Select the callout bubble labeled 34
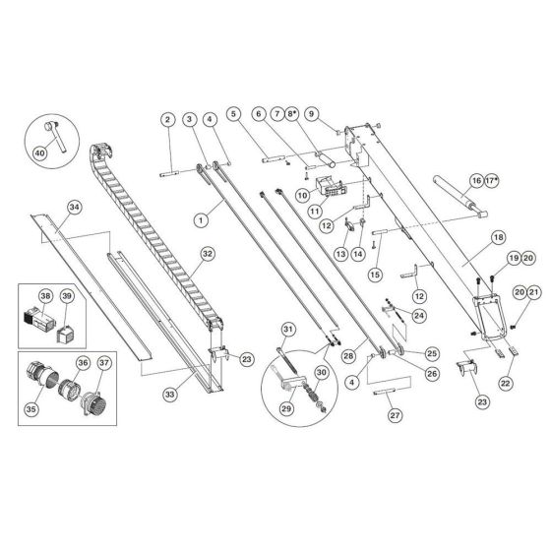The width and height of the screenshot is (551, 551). coord(73,207)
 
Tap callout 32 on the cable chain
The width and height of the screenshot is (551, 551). coord(207,253)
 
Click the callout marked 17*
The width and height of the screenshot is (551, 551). coord(491,181)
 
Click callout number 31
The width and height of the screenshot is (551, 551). coord(288,329)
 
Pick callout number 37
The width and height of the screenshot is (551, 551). coord(105,361)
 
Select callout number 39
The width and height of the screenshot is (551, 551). coord(67,296)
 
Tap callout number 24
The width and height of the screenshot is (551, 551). coord(418,316)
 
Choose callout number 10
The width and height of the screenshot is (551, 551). coord(303,194)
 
